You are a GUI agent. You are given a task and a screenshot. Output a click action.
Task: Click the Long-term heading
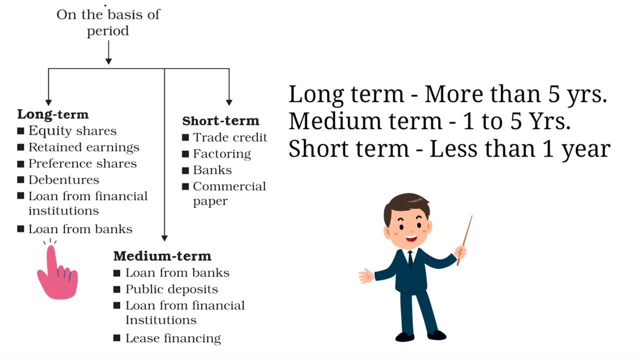[52, 114]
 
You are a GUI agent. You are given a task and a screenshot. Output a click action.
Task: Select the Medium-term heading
[162, 256]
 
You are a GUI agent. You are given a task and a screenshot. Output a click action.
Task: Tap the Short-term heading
[220, 121]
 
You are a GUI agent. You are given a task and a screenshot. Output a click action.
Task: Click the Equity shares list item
[72, 131]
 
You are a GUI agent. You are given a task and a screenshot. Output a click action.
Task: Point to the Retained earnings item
[83, 147]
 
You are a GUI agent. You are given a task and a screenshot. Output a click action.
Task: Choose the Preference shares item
[82, 163]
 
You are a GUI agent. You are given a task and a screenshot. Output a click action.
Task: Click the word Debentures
[63, 180]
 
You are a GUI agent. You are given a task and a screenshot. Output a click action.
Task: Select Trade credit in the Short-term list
[230, 137]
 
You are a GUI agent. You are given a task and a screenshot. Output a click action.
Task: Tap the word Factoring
[221, 154]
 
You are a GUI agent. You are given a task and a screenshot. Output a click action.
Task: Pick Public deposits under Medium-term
[171, 289]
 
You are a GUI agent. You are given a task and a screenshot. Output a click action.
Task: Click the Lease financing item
[173, 338]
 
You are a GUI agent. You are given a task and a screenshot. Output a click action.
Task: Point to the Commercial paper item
[229, 193]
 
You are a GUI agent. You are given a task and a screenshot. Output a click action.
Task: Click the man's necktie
[410, 259]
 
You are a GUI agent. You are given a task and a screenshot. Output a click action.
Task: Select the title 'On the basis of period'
[108, 22]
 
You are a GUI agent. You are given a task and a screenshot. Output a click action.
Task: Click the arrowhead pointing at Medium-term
[164, 238]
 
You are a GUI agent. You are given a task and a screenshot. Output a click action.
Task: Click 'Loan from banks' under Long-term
[80, 229]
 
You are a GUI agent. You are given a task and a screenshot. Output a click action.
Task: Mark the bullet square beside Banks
[185, 170]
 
